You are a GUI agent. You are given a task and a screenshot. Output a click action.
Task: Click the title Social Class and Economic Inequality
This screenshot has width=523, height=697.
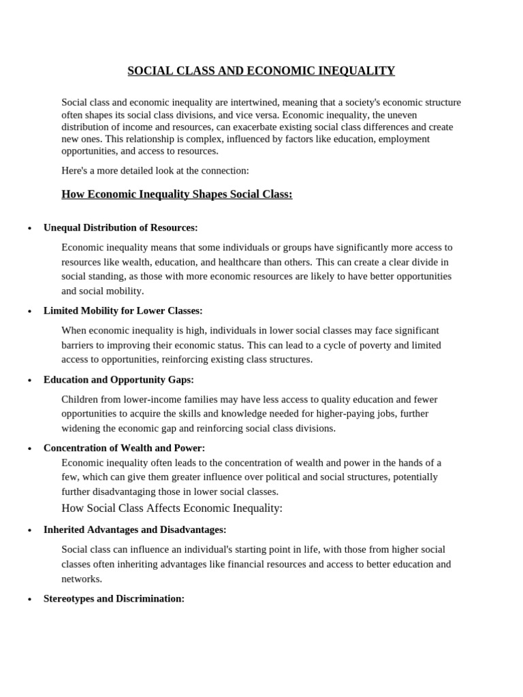261,71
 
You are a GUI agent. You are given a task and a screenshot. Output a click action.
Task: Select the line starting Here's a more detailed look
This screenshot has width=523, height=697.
155,171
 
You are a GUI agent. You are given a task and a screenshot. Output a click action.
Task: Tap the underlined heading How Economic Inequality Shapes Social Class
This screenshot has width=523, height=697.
177,195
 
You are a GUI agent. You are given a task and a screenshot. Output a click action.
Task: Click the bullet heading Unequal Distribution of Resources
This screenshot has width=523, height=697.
121,227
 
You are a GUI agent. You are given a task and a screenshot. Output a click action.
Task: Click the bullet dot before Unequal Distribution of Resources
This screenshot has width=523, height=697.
29,229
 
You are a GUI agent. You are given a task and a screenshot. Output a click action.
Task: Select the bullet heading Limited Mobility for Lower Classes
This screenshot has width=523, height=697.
123,310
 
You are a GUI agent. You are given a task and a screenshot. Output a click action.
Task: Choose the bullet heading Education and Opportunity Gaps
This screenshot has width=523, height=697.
118,380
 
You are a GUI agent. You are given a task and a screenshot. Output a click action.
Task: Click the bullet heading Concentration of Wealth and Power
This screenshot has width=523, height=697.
124,448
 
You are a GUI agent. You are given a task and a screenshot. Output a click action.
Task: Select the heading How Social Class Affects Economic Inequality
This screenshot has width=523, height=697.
172,508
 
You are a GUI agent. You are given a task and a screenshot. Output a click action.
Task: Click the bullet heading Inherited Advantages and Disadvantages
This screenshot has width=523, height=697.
135,530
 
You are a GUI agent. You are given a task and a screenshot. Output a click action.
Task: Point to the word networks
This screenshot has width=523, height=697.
81,579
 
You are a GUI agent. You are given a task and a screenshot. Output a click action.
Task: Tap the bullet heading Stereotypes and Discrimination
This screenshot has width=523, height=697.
114,599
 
